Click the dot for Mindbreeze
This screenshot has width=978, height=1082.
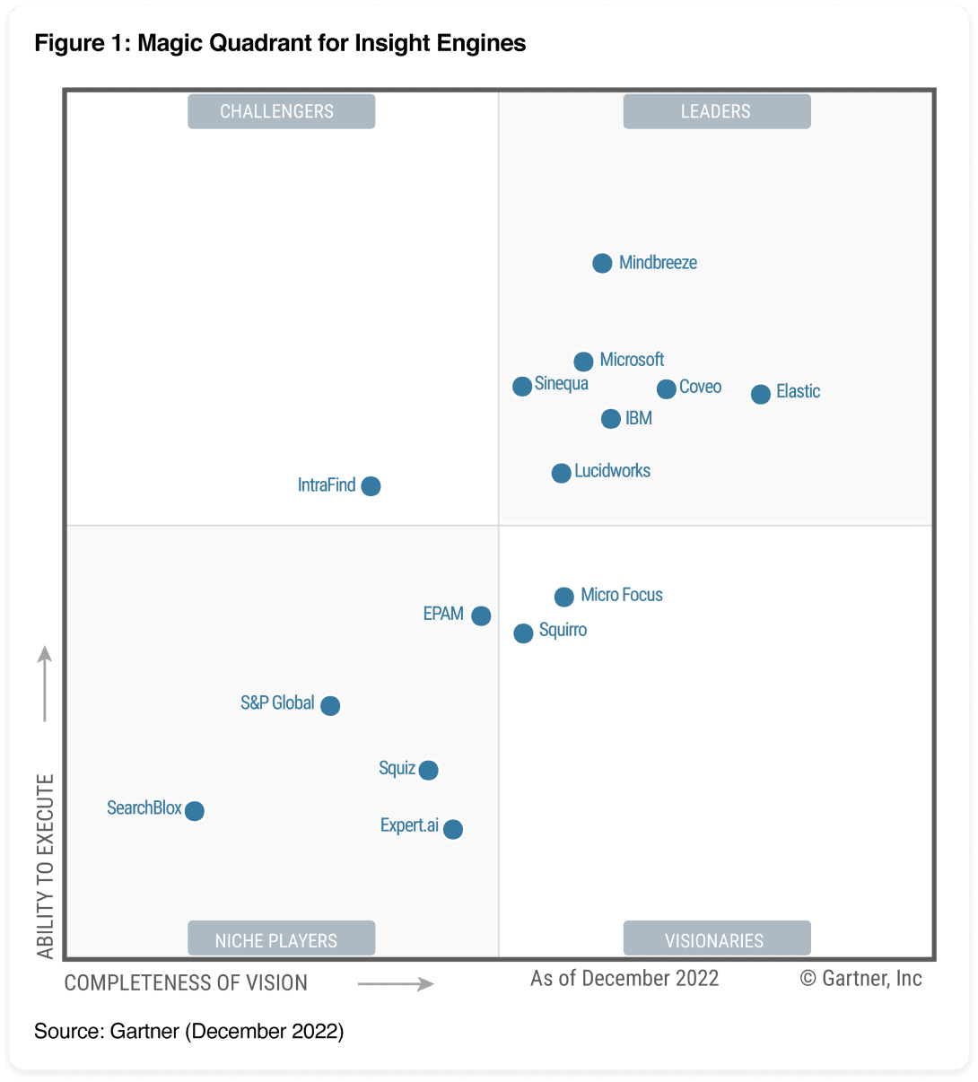602,263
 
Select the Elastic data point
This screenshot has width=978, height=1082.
760,394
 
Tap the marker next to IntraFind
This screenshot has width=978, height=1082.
371,485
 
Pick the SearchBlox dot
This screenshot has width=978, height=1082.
194,810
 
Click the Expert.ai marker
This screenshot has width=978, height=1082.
453,829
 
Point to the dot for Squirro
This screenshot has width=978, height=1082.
523,633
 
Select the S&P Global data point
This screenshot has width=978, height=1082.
330,705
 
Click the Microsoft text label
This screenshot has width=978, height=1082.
632,360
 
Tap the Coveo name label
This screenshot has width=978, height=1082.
700,387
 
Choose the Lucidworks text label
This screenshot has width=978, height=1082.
612,471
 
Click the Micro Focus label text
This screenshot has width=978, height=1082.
622,595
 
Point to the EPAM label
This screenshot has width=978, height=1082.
443,614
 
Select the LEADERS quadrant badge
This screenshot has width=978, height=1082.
716,111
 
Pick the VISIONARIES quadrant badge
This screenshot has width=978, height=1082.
716,939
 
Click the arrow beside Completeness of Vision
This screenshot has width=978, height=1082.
396,984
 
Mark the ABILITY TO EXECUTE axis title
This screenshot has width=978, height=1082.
45,866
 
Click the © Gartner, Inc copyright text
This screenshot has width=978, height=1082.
860,978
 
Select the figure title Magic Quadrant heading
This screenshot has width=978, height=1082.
280,43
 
